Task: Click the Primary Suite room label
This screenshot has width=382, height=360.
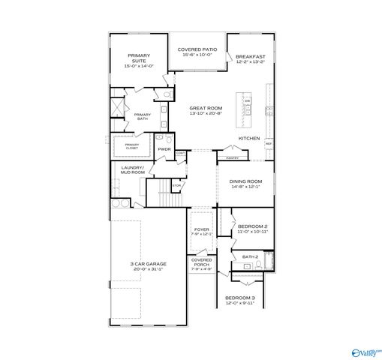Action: pos(139,58)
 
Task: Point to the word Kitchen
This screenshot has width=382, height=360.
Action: pos(249,139)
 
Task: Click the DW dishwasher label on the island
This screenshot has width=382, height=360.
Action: pos(247,101)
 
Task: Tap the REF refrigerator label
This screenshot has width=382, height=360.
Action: pos(268,143)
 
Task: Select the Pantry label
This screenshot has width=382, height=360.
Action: pos(232,158)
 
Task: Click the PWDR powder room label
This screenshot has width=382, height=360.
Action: pos(164,149)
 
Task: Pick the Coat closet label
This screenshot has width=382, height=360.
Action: pos(181,153)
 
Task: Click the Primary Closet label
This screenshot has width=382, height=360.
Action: pos(132,145)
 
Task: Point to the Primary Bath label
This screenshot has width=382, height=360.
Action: pos(143,116)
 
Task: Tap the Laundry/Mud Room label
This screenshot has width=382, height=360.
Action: pos(133,170)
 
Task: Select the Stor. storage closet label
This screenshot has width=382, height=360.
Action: pos(176,185)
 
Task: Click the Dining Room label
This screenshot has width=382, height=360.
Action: pos(245,181)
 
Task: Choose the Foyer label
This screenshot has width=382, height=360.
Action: pos(201,229)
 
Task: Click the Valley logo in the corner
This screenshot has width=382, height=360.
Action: pos(366,351)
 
